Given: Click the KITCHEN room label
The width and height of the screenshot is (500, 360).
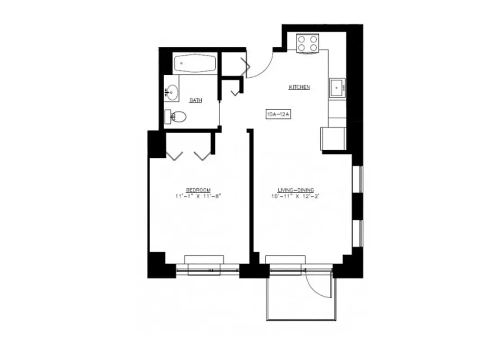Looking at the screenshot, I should coord(299,87).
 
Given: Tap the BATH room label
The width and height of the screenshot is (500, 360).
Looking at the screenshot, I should coord(195,100).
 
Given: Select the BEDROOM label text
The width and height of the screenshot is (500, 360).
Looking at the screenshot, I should coord(198,190).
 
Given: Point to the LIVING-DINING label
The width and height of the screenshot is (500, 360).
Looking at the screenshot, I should coord(299,190).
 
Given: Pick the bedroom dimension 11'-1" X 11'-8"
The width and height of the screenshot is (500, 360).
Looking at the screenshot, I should coord(198,196).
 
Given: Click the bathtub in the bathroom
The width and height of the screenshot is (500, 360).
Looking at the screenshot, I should coord(195,63).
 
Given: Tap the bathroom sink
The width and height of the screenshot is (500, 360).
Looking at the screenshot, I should coord(172,92).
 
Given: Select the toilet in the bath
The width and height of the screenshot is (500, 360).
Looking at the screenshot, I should coord(176,117).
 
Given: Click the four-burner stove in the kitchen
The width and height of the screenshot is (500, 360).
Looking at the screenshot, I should coord(308,43).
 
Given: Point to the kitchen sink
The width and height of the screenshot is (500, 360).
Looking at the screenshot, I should coord(337,87).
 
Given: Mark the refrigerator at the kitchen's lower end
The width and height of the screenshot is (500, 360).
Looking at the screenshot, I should coord(332,139).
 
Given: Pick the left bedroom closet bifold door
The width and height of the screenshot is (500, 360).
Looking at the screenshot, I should coord(174,155).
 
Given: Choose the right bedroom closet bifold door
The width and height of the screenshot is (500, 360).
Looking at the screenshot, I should coord(202,155).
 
